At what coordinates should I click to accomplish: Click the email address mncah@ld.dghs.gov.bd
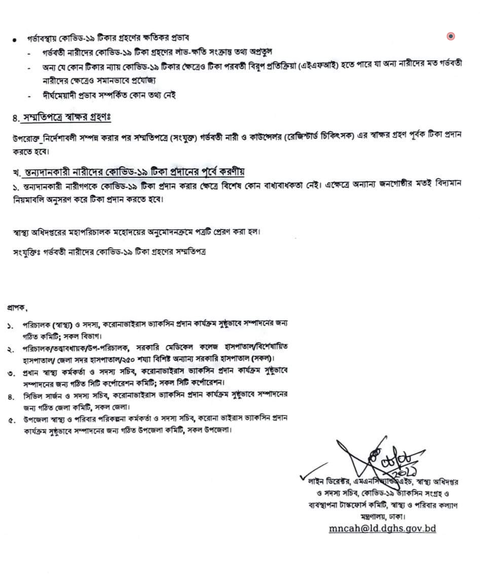pos(382,528)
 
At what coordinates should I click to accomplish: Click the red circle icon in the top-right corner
pos(451,36)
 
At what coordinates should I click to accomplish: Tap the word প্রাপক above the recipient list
pos(17,307)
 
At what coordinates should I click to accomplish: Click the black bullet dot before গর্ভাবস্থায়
pos(16,40)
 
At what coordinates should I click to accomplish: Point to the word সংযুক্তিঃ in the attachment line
pos(27,252)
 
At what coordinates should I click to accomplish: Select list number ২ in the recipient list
pos(11,350)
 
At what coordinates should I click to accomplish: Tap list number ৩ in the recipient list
pos(11,373)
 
